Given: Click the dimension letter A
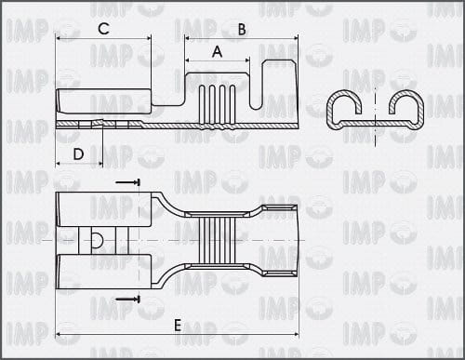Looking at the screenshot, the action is coord(218,51).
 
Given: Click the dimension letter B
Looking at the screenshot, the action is coord(242,29).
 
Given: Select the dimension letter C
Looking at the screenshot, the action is coord(103,29).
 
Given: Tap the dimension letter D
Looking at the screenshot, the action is coord(78,153).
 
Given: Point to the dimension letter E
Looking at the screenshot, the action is coord(178,326).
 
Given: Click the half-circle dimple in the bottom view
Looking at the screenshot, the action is coord(98,240).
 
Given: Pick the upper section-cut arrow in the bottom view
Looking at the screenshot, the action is coord(127,182).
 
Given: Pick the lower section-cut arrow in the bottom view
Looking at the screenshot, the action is coord(127,299).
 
